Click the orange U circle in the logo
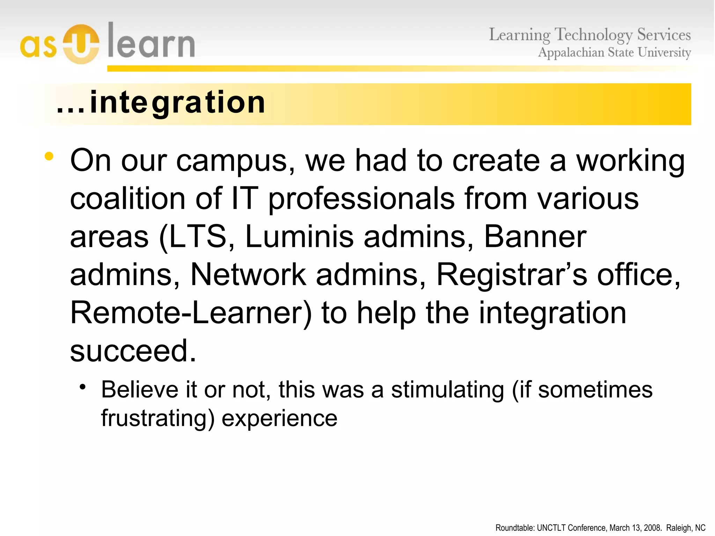pos(81,44)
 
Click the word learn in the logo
pos(151,42)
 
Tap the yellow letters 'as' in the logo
pos(38,46)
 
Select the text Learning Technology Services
pos(589,35)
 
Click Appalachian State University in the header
pos(614,53)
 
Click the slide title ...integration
pos(161,103)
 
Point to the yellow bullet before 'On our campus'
pos(49,157)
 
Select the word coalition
pos(127,199)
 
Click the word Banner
pos(535,237)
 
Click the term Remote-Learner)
pos(191,313)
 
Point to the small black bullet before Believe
pos(82,387)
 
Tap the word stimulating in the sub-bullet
pos(447,390)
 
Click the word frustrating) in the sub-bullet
pos(157,418)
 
